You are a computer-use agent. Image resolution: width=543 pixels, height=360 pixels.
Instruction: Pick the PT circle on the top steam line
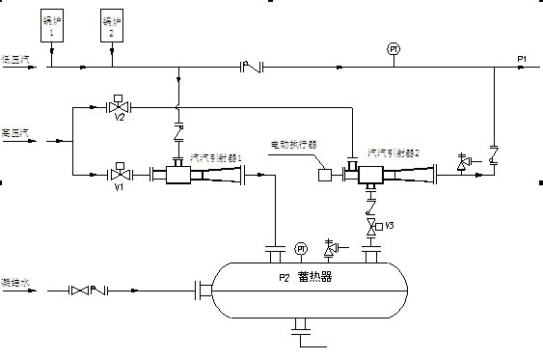point(393,48)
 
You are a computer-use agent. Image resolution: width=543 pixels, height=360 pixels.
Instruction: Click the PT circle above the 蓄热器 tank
point(301,248)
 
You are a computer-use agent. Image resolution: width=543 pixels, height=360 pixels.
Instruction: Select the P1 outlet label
point(522,60)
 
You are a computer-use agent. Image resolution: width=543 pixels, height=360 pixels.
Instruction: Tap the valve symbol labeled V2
point(120,106)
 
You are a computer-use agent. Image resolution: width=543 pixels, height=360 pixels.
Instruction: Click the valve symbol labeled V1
point(120,176)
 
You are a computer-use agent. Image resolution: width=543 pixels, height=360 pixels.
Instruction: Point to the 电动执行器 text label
point(293,144)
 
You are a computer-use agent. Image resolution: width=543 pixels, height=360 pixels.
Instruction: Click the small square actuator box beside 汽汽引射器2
point(326,175)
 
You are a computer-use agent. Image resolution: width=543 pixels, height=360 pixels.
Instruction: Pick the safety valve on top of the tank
point(332,247)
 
